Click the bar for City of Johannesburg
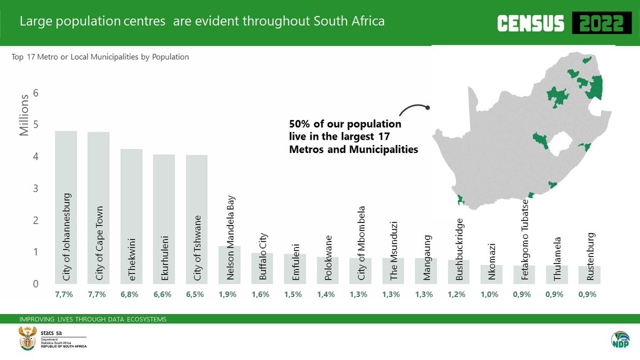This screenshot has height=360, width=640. pyautogui.click(x=66, y=208)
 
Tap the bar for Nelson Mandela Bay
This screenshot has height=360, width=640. pyautogui.click(x=229, y=265)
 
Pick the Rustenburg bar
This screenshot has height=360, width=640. pyautogui.click(x=590, y=275)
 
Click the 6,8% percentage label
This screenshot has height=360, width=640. pyautogui.click(x=131, y=294)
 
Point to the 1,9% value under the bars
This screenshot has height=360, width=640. pyautogui.click(x=229, y=294)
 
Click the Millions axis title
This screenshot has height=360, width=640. pyautogui.click(x=25, y=115)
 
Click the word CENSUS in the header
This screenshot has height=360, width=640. pyautogui.click(x=530, y=23)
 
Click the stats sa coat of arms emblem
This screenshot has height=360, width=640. pyautogui.click(x=26, y=339)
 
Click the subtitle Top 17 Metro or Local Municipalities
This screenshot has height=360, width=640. pyautogui.click(x=100, y=57)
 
